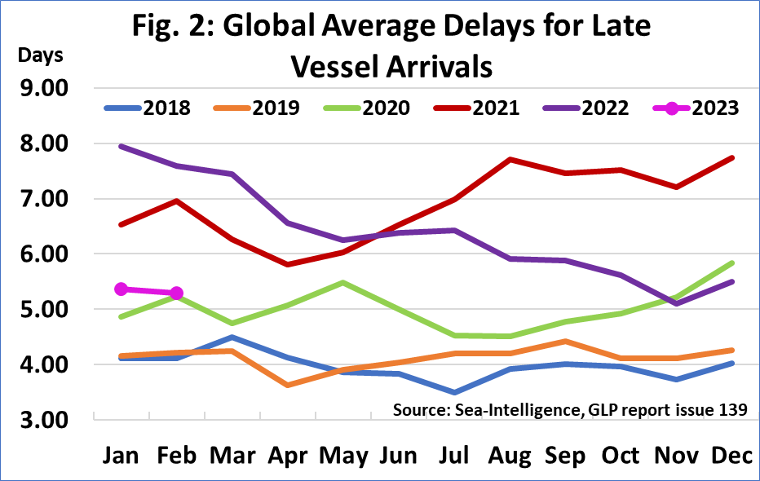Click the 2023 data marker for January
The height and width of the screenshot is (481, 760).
(121, 289)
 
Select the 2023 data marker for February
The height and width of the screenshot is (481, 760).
(176, 293)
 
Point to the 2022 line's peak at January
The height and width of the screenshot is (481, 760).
(121, 146)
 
